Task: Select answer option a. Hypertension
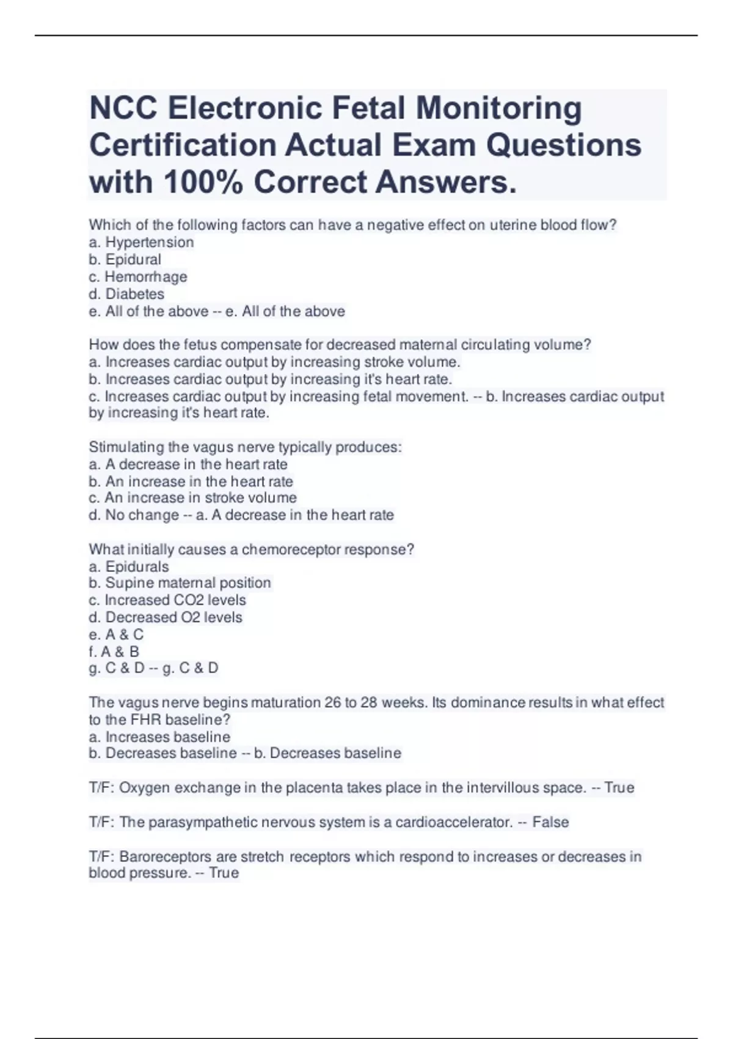point(141,243)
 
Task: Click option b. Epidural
point(125,260)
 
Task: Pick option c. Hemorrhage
point(138,277)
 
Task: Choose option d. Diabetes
point(126,294)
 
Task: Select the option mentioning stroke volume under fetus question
point(274,362)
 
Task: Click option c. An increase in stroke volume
point(192,497)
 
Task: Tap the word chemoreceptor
point(291,549)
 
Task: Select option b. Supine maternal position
point(180,583)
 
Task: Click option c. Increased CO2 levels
point(167,600)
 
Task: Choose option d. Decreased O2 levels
point(166,617)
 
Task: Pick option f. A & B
point(114,652)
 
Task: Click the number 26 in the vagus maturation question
point(333,703)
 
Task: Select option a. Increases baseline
point(159,737)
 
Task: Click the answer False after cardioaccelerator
point(550,822)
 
